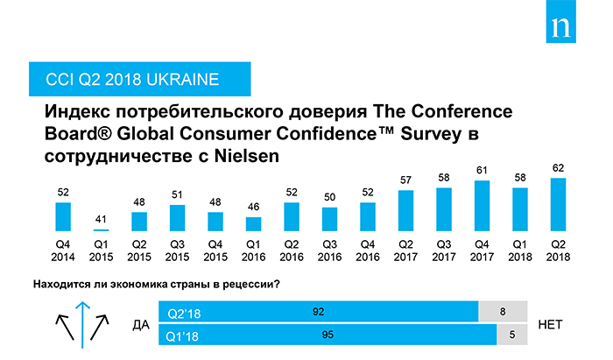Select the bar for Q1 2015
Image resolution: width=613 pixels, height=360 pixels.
[x=101, y=229]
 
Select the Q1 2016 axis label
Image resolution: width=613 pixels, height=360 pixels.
[x=253, y=251]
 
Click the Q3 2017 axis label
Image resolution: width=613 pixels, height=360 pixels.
[x=443, y=251]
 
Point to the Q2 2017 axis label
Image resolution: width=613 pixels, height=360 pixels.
[x=405, y=251]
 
